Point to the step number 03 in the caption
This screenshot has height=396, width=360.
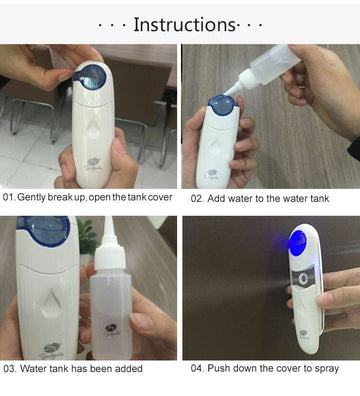pos(9,369)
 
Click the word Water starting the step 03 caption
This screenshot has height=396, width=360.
pos(35,369)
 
